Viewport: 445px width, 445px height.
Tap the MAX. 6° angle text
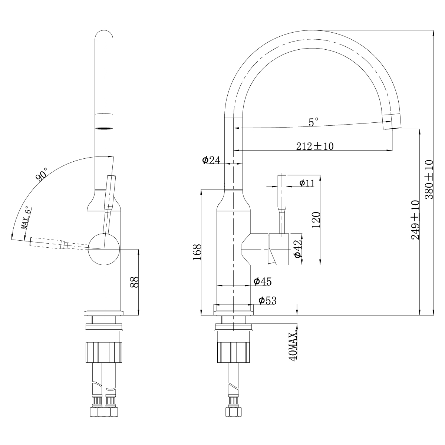(x=27, y=219)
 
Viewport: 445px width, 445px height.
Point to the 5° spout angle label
(x=314, y=122)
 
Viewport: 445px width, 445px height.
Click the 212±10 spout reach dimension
(x=314, y=146)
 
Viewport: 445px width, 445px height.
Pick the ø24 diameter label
(x=211, y=160)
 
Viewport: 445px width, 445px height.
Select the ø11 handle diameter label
(x=307, y=182)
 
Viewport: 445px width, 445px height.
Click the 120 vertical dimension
(x=316, y=220)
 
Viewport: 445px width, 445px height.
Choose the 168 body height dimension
(x=197, y=252)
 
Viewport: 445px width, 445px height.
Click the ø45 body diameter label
(x=263, y=282)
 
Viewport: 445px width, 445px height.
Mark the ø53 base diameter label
(x=267, y=300)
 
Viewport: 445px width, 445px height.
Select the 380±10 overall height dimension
(x=429, y=180)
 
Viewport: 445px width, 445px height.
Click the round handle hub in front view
(x=104, y=249)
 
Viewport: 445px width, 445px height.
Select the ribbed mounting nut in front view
(x=104, y=352)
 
